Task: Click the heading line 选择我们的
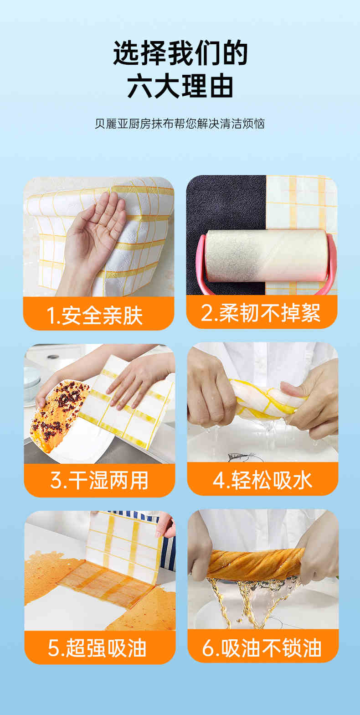(x=180, y=53)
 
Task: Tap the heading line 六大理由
(x=180, y=86)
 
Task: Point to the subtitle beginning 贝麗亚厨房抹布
(x=180, y=124)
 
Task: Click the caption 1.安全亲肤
(x=94, y=316)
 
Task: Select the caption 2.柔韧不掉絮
(x=261, y=313)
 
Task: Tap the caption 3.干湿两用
(x=99, y=480)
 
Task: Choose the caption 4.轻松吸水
(x=262, y=480)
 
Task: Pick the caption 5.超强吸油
(x=97, y=648)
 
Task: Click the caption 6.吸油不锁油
(x=262, y=648)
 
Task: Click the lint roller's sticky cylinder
(x=266, y=255)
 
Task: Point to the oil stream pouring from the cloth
(x=252, y=600)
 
